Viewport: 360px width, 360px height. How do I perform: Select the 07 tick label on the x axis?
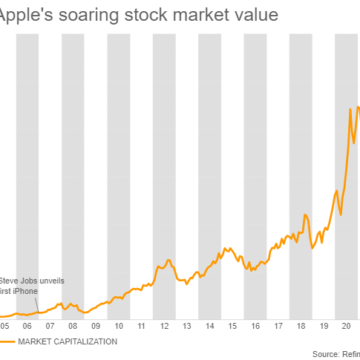[50, 325]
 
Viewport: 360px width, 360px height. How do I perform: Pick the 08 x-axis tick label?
[73, 325]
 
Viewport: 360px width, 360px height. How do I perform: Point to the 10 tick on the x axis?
[119, 325]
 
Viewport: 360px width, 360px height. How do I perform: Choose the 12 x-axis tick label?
[166, 325]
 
